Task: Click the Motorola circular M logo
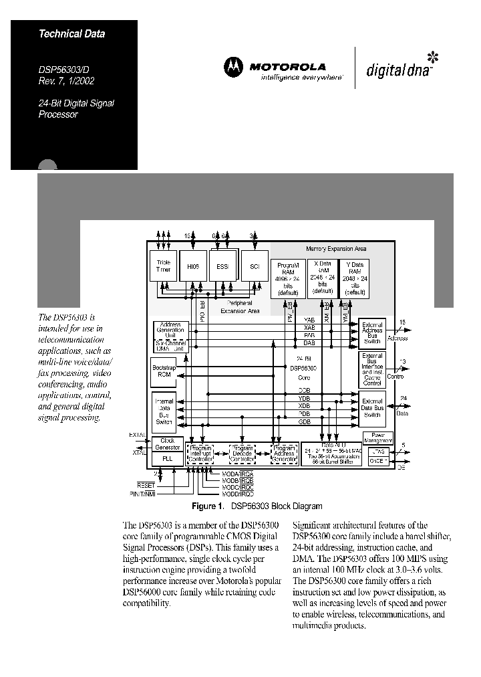click(234, 66)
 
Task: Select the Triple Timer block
click(164, 266)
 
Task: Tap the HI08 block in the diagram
click(194, 266)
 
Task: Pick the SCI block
click(254, 266)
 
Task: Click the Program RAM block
click(288, 278)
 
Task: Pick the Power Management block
click(377, 438)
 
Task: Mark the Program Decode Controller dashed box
click(243, 453)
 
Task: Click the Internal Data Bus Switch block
click(164, 409)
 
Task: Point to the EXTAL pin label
click(136, 436)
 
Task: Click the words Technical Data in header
click(71, 33)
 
